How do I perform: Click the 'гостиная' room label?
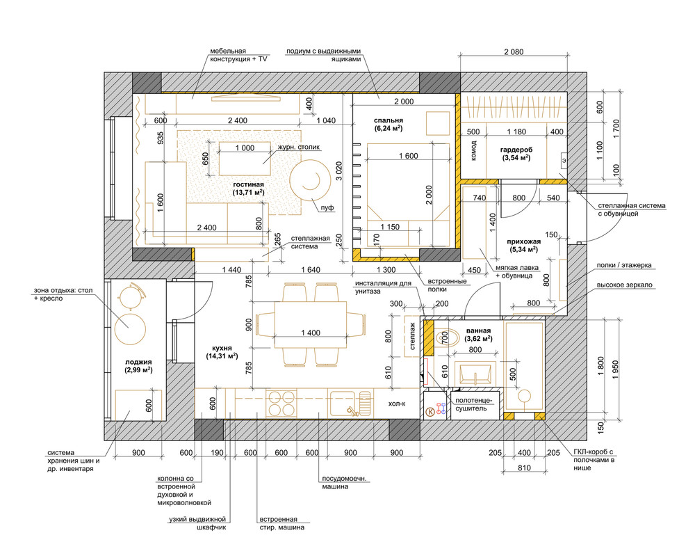(248, 184)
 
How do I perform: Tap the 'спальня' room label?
(389, 120)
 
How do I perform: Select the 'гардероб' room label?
(516, 150)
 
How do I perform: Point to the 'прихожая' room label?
(524, 241)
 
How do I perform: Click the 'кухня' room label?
(222, 348)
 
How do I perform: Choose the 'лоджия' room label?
(138, 362)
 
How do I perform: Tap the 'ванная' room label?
(478, 331)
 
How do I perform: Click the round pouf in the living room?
(310, 180)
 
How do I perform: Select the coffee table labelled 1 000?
(245, 159)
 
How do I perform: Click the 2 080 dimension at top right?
(514, 52)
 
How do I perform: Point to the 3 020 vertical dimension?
(338, 170)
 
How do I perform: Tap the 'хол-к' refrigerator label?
(397, 404)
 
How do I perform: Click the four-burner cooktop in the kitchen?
(281, 404)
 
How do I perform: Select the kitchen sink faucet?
(353, 410)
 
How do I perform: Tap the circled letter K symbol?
(430, 412)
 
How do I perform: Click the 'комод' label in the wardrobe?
(473, 150)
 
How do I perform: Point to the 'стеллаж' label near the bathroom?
(412, 336)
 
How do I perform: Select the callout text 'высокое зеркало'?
(624, 285)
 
